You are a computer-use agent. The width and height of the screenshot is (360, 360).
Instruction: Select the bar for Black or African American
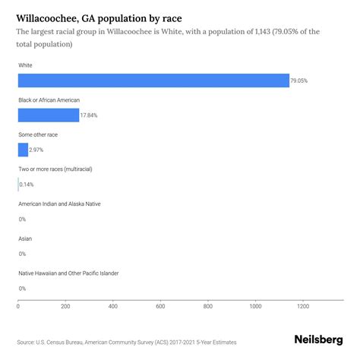(x=49, y=115)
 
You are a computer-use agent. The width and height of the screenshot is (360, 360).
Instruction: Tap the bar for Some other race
(x=23, y=150)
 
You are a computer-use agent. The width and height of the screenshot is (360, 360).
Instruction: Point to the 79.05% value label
(x=300, y=81)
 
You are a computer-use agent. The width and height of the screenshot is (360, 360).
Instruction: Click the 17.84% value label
(x=90, y=115)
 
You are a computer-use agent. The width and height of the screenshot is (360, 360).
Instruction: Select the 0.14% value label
(x=27, y=185)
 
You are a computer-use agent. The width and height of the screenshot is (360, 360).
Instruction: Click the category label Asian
(x=26, y=238)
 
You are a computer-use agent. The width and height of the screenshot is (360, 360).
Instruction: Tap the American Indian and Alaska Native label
(x=59, y=204)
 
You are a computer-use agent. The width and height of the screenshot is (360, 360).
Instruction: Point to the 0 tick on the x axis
(x=18, y=306)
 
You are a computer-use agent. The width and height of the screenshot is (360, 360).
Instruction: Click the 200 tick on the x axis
(x=65, y=306)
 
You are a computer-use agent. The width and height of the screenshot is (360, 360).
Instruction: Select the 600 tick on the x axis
(x=160, y=306)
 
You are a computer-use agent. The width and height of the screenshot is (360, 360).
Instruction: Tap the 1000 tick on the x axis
(x=255, y=306)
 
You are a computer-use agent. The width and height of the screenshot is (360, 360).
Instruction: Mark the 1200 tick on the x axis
(x=302, y=306)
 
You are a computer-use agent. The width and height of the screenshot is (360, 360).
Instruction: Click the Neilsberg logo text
(x=318, y=340)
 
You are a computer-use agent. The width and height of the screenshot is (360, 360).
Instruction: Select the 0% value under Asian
(x=22, y=254)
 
